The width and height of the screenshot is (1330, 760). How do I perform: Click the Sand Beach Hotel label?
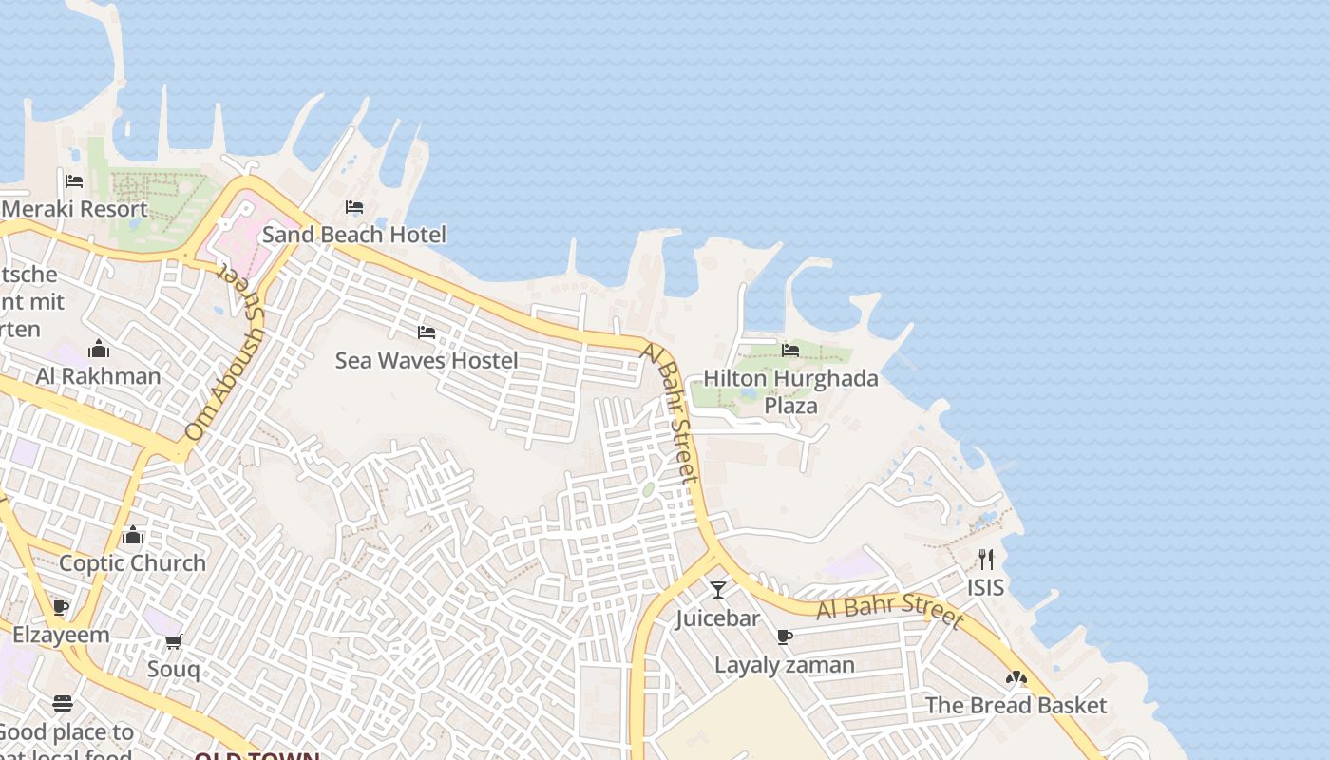pos(353,234)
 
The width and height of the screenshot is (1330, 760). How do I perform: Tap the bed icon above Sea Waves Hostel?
pos(427,332)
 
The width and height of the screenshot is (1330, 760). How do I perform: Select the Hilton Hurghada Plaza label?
pos(790,391)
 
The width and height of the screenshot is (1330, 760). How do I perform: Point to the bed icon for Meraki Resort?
pos(74,181)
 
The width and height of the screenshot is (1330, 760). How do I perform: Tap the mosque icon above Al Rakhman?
pos(98,349)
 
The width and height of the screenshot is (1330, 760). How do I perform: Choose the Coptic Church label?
pos(132,562)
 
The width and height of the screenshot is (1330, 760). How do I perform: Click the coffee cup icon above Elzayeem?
pos(61,607)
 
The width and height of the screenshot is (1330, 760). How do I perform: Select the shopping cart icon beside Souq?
pos(173,642)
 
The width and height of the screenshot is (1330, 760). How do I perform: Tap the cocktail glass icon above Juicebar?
pos(718,590)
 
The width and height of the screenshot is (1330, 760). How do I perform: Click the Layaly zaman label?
pos(784,665)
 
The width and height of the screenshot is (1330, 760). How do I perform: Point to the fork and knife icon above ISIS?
pos(986,559)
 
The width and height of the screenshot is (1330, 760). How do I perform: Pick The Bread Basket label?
pos(1016,705)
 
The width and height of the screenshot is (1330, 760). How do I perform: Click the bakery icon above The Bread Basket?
pos(1016,678)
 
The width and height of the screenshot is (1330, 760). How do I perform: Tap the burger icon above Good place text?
pos(63,704)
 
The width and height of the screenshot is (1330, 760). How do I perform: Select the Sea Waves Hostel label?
pos(427,360)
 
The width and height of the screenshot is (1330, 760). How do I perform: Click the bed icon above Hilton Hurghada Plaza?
pos(790,351)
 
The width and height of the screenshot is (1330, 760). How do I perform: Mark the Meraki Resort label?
pos(76,209)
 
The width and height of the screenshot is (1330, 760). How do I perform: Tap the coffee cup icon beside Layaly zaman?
pos(784,636)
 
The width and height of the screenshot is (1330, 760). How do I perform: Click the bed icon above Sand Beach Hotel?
pos(354,207)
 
